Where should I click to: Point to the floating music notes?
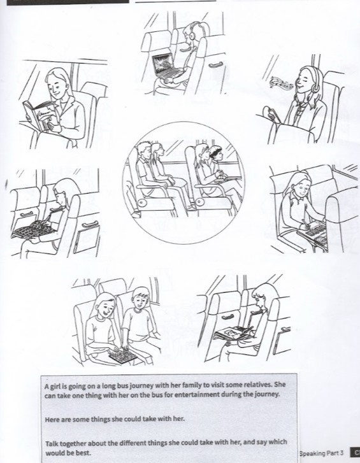282,83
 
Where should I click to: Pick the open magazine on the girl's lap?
233,333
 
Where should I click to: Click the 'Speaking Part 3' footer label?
322,453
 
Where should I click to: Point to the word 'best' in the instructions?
83,453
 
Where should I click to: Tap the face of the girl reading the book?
55,86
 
